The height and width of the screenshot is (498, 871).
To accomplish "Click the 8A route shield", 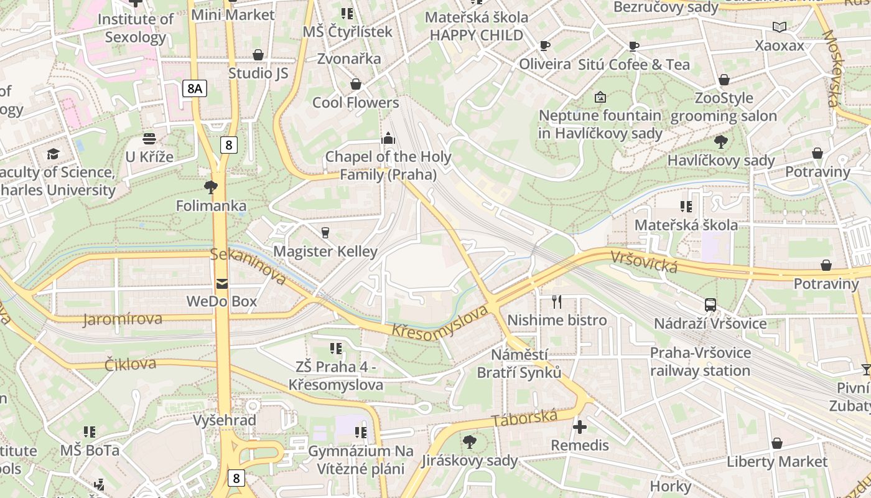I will click(x=195, y=88).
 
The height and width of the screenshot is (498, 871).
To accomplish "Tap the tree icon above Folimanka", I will click(x=211, y=186).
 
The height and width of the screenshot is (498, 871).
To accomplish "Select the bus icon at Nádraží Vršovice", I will click(x=710, y=304).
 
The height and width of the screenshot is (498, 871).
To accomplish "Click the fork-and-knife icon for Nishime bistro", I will click(x=557, y=302).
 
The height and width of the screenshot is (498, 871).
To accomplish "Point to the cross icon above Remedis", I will click(x=580, y=427).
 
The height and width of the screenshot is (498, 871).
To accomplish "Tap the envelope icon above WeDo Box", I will click(x=222, y=284).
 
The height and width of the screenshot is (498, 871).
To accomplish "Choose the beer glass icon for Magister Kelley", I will click(x=325, y=233).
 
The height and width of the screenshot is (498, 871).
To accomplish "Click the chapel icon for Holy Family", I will click(x=388, y=138).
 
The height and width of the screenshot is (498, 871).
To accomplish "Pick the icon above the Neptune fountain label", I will click(x=600, y=96).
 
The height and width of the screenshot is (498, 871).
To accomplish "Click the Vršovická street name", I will click(x=643, y=261).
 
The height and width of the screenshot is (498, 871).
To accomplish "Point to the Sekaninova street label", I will click(x=248, y=265).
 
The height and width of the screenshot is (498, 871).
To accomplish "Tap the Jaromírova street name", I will click(x=123, y=319).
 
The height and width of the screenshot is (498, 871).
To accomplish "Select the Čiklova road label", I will click(x=130, y=364).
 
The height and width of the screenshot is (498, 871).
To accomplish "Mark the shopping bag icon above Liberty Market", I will click(x=776, y=443).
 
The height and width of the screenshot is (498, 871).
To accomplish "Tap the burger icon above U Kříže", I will click(x=149, y=138).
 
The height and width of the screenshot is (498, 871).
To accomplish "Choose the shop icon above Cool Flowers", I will click(x=356, y=84).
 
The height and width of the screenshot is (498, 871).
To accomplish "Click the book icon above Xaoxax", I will click(x=779, y=27).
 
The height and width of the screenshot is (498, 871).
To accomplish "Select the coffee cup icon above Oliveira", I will click(x=545, y=45).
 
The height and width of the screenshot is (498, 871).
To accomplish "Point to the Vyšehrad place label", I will click(x=225, y=420).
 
